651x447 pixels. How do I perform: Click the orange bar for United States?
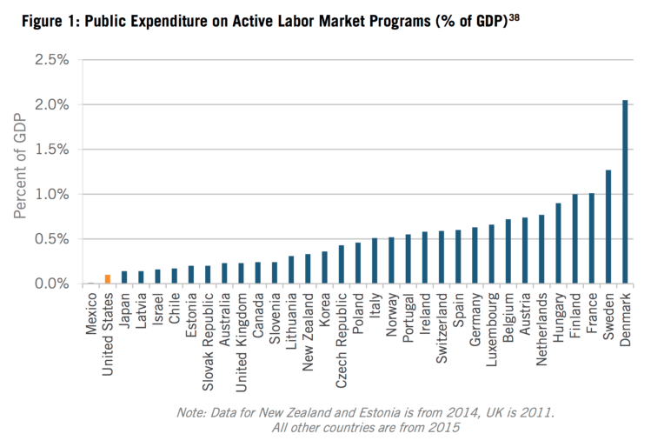coord(107,279)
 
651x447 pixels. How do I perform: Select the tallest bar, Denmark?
coord(625,192)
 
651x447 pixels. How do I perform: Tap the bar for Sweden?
coord(608,227)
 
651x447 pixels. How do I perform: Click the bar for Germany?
coord(474,256)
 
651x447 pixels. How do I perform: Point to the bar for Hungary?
coord(557,244)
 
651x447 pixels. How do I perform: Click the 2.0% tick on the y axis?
coord(50,104)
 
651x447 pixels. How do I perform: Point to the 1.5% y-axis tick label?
coord(50,149)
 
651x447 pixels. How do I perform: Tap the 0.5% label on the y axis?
coord(50,239)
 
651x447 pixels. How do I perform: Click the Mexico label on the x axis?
coord(91,315)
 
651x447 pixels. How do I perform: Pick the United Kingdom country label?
coord(241,335)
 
